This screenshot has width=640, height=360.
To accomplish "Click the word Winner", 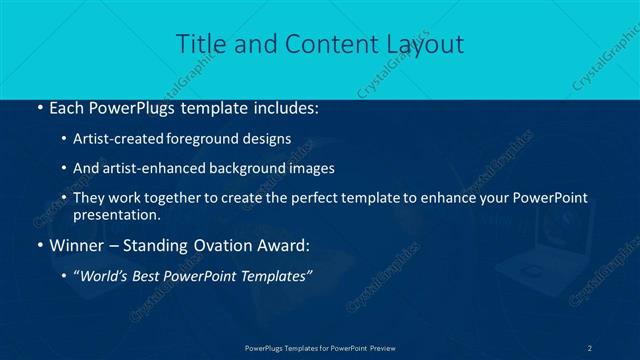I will (75, 245).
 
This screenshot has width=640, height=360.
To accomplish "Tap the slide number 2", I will (590, 347).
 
